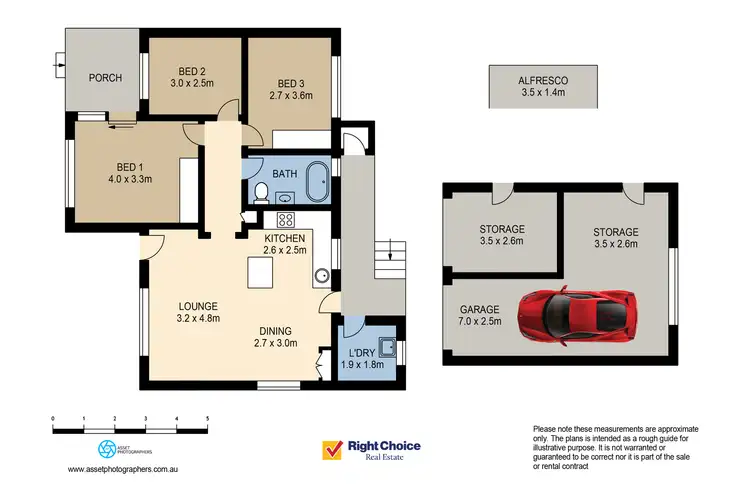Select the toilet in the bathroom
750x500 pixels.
[261, 191]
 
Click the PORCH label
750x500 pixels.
[105, 78]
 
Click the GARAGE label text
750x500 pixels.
[481, 311]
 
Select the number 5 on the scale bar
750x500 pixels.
[207, 417]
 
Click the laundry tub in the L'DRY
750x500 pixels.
[388, 349]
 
